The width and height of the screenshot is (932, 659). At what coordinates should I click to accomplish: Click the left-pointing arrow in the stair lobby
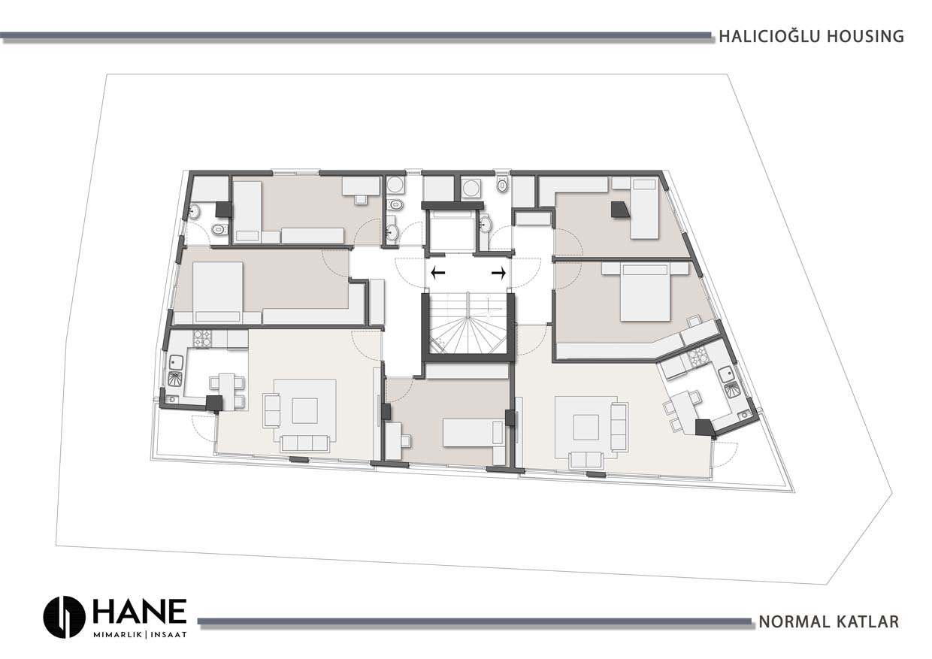pyautogui.click(x=437, y=273)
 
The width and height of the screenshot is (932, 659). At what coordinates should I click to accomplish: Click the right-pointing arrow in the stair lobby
pyautogui.click(x=499, y=273)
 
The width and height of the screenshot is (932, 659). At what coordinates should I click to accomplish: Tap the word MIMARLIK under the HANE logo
pyautogui.click(x=119, y=635)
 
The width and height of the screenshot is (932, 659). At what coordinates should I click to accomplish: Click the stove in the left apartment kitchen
pyautogui.click(x=204, y=338)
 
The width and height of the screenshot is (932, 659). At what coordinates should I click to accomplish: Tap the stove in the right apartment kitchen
pyautogui.click(x=697, y=358)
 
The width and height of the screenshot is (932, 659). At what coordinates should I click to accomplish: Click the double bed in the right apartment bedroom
pyautogui.click(x=645, y=292)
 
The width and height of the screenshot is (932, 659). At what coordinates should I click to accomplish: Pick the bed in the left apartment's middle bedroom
pyautogui.click(x=218, y=292)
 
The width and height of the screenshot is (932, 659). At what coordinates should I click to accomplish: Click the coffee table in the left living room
pyautogui.click(x=304, y=410)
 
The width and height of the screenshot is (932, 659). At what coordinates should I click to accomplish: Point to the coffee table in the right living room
pyautogui.click(x=586, y=427)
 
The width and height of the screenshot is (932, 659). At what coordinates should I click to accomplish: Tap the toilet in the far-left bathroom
pyautogui.click(x=217, y=229)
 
